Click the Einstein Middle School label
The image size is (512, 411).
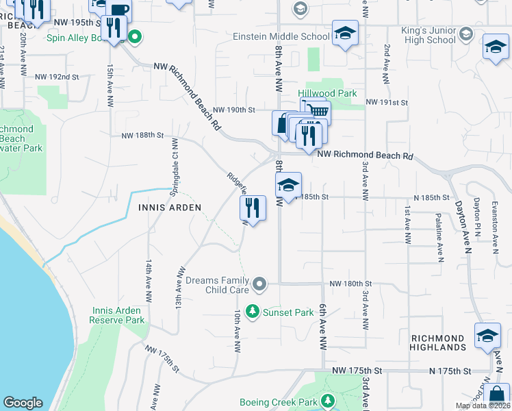click(x=281, y=36)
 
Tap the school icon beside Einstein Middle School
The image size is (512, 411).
click(x=345, y=33)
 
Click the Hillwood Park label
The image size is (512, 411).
click(x=327, y=93)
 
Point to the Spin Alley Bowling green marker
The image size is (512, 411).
click(x=136, y=36)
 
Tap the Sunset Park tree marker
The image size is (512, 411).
click(x=253, y=312)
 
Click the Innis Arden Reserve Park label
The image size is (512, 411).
click(x=118, y=315)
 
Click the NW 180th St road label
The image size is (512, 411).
click(x=350, y=284)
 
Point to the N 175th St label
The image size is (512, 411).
click(x=451, y=371)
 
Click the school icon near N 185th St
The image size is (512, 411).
click(x=288, y=184)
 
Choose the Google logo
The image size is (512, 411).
click(x=23, y=403)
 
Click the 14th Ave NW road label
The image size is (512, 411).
click(x=147, y=281)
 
